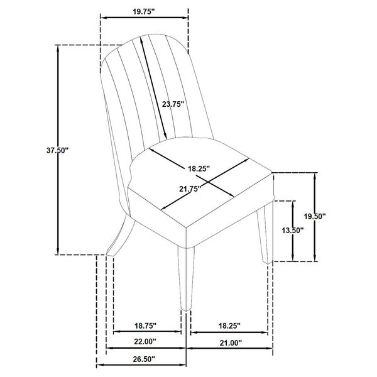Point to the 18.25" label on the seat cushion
199,168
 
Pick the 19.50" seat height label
314,216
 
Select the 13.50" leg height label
292,230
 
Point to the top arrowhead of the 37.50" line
58,48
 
